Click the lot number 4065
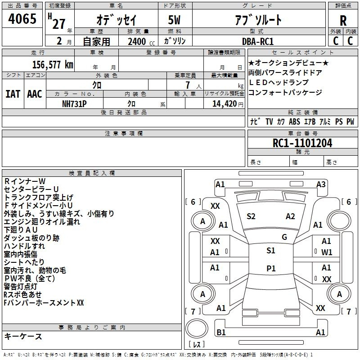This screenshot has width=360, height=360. (x=22, y=18)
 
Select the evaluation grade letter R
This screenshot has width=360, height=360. (x=343, y=21)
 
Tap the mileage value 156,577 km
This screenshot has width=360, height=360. (x=53, y=65)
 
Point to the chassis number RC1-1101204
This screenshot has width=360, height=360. (x=302, y=143)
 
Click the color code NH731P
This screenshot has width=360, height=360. (x=74, y=104)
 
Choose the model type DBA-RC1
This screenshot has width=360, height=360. (x=258, y=41)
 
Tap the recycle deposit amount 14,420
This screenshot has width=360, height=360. (x=225, y=104)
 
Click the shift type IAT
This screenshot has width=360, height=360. (x=13, y=94)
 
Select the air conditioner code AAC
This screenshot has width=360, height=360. (x=35, y=94)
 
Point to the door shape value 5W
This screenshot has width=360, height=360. (x=174, y=20)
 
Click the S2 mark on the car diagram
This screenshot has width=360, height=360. (x=251, y=216)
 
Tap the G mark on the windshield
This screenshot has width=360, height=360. (x=284, y=237)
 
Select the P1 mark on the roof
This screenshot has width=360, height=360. (x=271, y=268)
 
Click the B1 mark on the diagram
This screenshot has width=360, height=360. (x=221, y=333)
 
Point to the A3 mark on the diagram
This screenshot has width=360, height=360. (x=321, y=184)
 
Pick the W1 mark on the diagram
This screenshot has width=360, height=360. (x=327, y=252)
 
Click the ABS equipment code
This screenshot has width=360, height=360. (x=294, y=121)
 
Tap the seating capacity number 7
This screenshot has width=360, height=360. (x=188, y=85)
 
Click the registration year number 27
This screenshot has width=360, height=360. (x=59, y=24)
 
